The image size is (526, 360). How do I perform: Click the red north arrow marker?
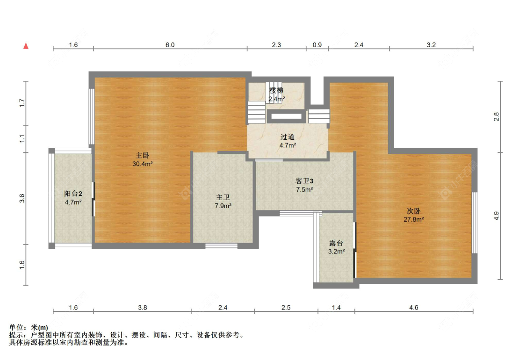(27, 46)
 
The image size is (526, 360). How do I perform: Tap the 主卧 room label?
(143, 155)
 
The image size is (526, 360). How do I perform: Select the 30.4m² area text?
(143, 164)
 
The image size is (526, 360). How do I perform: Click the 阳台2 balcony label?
(73, 194)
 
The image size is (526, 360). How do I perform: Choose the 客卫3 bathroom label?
(304, 181)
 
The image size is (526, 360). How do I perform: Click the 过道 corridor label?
(288, 137)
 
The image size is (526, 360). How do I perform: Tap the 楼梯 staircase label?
(276, 90)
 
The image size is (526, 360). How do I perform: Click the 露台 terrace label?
(336, 243)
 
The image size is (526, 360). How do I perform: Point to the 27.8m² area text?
(414, 219)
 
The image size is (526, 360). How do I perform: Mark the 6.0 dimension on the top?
(170, 45)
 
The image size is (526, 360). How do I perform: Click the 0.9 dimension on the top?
(317, 45)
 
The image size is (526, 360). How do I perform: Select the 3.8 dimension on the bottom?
(143, 308)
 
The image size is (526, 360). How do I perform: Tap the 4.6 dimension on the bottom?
(414, 308)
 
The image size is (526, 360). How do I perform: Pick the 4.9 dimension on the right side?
(497, 216)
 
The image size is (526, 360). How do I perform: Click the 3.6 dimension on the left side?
(22, 198)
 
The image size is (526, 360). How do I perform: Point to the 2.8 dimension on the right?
(497, 116)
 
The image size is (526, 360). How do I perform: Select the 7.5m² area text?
(304, 190)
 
